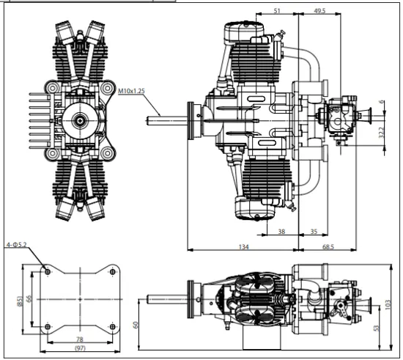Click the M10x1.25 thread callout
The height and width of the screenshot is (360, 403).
(131, 91)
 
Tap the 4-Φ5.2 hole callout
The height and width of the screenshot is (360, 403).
(16, 245)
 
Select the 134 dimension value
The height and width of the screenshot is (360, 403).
(244, 247)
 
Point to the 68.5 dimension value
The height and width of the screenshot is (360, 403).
(328, 247)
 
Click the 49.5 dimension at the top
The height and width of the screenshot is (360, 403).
(319, 10)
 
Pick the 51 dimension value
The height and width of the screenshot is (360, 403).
(277, 10)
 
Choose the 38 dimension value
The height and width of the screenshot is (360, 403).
(281, 232)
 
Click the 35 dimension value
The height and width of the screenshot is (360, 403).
(314, 232)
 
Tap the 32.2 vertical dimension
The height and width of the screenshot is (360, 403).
(382, 133)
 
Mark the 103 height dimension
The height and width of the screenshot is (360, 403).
(388, 305)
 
